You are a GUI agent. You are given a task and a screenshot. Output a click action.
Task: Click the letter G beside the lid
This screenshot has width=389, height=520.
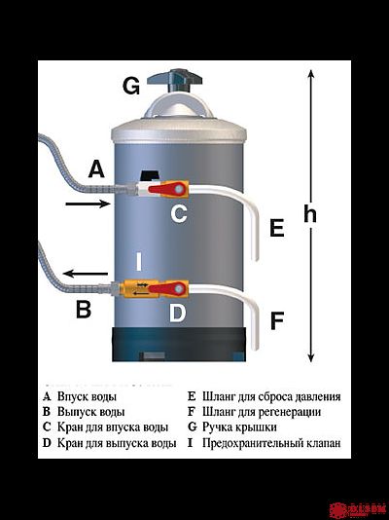(x=131, y=85)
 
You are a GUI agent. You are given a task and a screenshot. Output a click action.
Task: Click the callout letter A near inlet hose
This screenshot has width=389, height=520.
(x=95, y=169)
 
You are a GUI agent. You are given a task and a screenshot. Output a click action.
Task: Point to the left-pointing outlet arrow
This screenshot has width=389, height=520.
(x=87, y=274)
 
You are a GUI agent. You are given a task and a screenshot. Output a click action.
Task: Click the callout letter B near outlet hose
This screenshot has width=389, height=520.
(x=83, y=311)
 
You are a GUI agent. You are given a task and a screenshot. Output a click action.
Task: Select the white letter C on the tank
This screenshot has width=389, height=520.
(x=179, y=214)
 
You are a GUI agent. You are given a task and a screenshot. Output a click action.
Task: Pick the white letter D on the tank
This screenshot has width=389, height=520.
(x=177, y=314)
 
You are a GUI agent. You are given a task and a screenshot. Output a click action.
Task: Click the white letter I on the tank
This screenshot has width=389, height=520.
(x=139, y=261)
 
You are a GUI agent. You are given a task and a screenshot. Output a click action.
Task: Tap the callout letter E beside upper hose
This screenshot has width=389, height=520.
(x=276, y=229)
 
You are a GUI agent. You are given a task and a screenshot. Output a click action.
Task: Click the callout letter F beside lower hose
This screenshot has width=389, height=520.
(x=277, y=320)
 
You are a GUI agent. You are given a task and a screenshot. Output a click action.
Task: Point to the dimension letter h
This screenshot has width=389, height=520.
(x=310, y=214)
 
